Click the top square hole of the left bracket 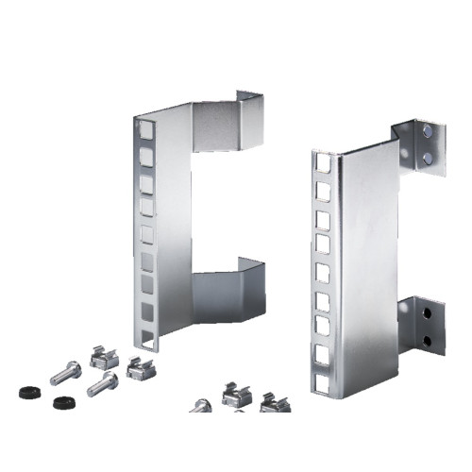pos(146,126)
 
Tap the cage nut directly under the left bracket pos(140,366)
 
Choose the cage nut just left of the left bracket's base pos(101,356)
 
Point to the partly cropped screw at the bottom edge pos(200,406)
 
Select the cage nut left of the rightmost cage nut pos(236,393)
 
